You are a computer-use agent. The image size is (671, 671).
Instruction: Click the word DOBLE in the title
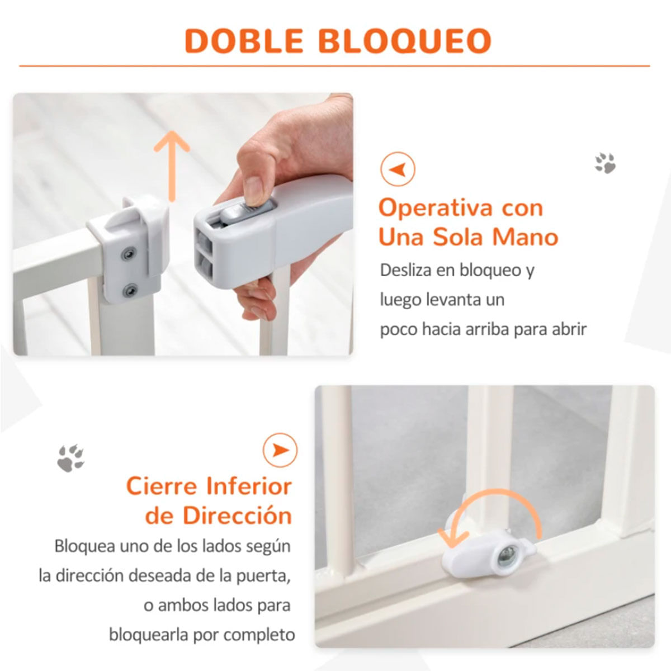click(244, 41)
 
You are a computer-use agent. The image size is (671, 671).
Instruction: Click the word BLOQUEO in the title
click(405, 41)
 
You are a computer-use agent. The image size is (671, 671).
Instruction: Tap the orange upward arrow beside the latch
click(172, 166)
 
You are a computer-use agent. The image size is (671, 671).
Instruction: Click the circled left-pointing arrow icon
click(398, 169)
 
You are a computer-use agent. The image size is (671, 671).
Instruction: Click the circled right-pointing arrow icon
click(280, 450)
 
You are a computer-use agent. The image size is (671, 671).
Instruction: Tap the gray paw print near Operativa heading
click(605, 163)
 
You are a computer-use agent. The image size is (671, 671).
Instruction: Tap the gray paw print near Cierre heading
click(71, 459)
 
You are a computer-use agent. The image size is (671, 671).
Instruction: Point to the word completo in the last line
click(259, 635)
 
